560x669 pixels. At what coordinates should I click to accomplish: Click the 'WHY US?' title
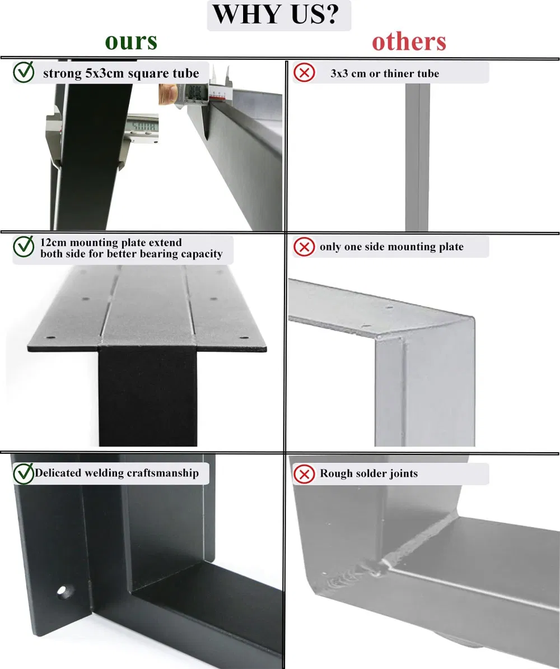[x=278, y=15]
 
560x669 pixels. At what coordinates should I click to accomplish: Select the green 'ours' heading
[x=131, y=41]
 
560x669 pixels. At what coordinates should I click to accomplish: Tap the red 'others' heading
[x=409, y=41]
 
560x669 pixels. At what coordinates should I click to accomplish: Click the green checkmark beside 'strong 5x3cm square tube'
[x=24, y=73]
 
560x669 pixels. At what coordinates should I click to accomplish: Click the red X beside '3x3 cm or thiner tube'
[x=304, y=73]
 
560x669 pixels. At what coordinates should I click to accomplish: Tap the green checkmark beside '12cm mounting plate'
[x=24, y=247]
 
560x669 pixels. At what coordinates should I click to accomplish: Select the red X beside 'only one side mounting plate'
[x=304, y=247]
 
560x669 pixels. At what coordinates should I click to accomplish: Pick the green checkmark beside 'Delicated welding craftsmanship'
[x=24, y=473]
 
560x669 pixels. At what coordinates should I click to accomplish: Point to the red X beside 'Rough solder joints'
[x=304, y=474]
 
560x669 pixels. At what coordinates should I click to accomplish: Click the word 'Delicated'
[x=58, y=473]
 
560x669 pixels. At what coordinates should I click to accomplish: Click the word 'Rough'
[x=336, y=473]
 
